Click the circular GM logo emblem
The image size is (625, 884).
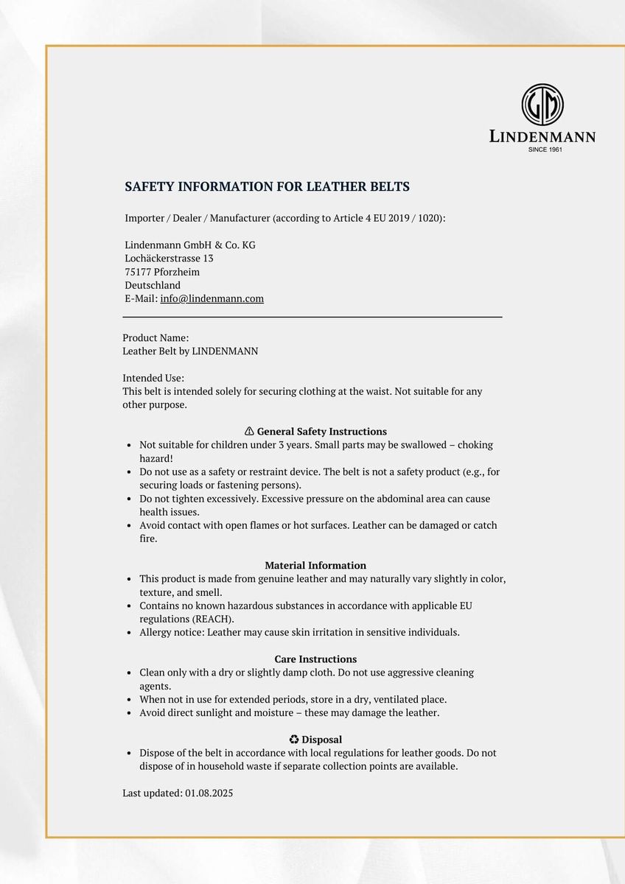pos(542,105)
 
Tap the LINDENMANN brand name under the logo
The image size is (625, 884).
pos(542,136)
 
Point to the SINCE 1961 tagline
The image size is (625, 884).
pos(545,150)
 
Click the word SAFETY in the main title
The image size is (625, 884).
pos(147,187)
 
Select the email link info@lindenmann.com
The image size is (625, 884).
pos(212,298)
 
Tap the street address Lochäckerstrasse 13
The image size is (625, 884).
pos(169,259)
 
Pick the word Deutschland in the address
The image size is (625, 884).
pos(153,285)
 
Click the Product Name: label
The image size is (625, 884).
pos(156,338)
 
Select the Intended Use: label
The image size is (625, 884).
pos(153,378)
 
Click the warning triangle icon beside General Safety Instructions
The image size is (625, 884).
pos(249,432)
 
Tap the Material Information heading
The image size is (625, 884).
pos(315,566)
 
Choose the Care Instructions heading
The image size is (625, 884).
pos(315,659)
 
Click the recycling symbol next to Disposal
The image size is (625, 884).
pos(294,740)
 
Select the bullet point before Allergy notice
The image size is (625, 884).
pos(130,632)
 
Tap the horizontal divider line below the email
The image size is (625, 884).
pos(312,317)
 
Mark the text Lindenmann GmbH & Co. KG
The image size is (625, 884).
pos(190,245)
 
